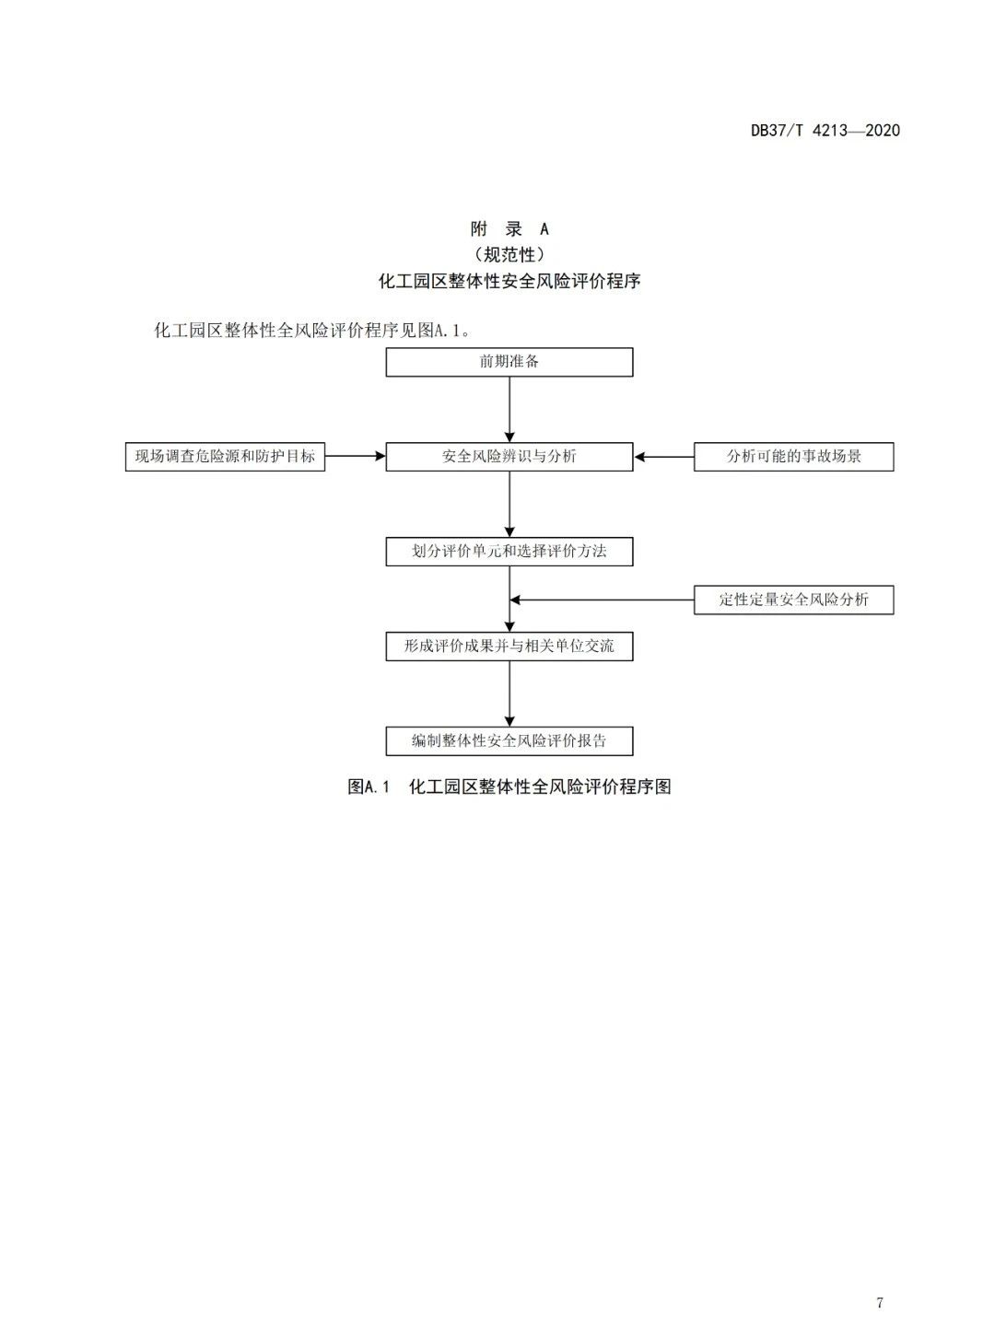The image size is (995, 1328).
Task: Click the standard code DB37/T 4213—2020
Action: click(x=825, y=130)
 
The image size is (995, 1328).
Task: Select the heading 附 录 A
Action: click(x=509, y=228)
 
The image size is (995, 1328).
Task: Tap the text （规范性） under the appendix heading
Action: click(x=509, y=254)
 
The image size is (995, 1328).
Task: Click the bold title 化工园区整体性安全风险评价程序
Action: click(x=509, y=281)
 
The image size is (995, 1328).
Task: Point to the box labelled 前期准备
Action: click(x=509, y=362)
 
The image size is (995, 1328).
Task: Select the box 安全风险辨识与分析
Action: click(x=509, y=456)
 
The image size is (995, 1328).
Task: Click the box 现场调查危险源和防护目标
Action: click(x=226, y=456)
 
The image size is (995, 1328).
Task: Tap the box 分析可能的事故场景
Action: click(x=793, y=456)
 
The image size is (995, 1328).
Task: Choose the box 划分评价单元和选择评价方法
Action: click(x=509, y=552)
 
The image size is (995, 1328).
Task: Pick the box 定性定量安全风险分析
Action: click(x=793, y=600)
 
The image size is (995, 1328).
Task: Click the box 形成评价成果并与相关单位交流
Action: click(x=509, y=647)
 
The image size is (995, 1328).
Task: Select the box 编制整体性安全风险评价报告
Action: click(x=509, y=740)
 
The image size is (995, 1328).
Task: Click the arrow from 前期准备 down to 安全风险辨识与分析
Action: click(x=509, y=409)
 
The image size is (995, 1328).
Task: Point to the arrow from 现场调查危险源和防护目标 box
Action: click(x=356, y=456)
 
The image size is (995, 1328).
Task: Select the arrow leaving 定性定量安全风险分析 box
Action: click(x=603, y=600)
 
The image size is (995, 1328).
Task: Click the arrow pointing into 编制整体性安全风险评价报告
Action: click(x=509, y=693)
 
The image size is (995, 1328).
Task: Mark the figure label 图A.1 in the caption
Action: click(x=369, y=786)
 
